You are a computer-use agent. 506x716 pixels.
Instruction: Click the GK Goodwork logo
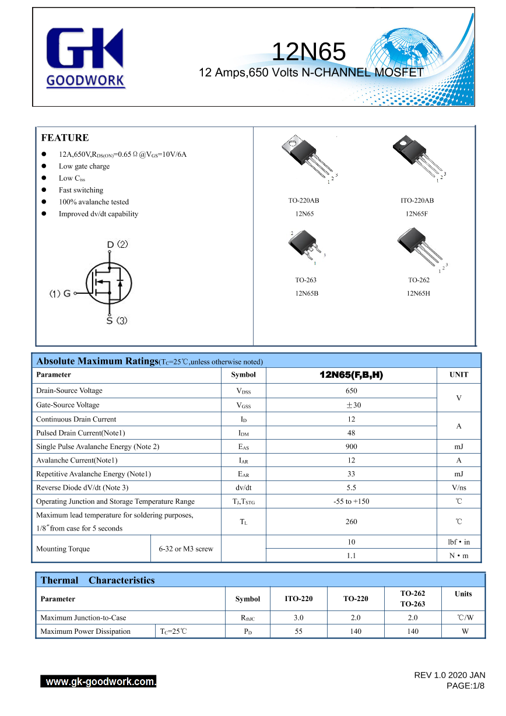tap(85, 58)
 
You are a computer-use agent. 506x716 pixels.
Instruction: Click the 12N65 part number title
tap(308, 52)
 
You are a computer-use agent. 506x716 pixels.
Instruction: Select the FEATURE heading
tap(65, 138)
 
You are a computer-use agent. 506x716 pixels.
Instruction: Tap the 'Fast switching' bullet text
tap(80, 190)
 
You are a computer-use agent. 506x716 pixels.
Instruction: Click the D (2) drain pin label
tap(117, 244)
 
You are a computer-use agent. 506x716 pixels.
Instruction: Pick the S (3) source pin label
tap(117, 321)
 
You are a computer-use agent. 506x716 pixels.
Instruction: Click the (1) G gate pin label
tap(60, 294)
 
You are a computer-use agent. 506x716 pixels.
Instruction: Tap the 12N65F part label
tap(417, 214)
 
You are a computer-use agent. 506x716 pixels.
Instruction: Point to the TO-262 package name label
tap(419, 280)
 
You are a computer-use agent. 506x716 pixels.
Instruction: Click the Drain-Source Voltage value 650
tap(351, 391)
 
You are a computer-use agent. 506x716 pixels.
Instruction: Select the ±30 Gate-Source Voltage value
tap(351, 405)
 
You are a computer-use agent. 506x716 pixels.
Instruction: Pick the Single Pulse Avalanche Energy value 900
tap(351, 447)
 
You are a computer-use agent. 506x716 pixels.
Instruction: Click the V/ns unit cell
tap(459, 487)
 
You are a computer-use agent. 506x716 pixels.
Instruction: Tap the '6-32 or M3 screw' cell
tap(186, 549)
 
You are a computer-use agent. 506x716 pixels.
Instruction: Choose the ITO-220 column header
tap(298, 599)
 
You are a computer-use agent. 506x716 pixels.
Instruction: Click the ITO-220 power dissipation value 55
tap(298, 631)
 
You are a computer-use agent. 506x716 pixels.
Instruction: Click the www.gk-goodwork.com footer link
tap(99, 682)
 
